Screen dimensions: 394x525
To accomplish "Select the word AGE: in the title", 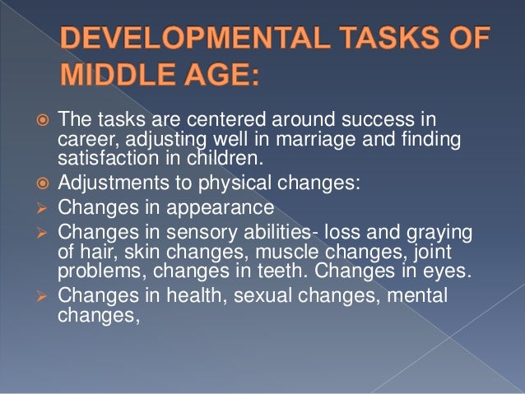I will [x=222, y=77].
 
